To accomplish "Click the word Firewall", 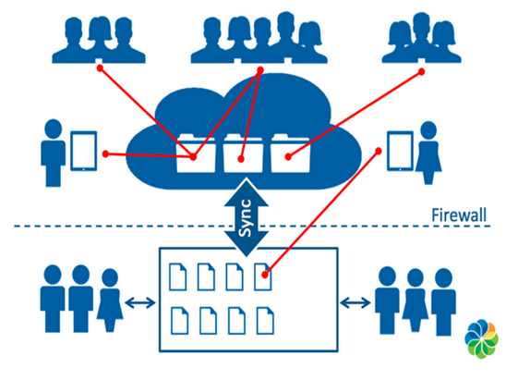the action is (x=459, y=215).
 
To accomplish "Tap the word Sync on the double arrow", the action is (x=246, y=218).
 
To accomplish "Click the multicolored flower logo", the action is (x=481, y=338).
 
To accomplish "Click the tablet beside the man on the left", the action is (x=83, y=151).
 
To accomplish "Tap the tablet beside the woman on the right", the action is (x=400, y=151).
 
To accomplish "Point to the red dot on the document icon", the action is (x=265, y=275).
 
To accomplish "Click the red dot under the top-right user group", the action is (x=421, y=72).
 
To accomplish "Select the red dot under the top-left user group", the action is (x=100, y=68).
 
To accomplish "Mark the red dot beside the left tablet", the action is (x=105, y=154).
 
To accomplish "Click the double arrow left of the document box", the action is (x=140, y=303).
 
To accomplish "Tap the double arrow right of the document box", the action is (x=355, y=302).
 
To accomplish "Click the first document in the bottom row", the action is (x=180, y=321).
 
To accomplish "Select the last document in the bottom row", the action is (x=265, y=321).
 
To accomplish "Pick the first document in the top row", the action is (x=178, y=276).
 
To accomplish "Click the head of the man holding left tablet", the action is (x=53, y=129).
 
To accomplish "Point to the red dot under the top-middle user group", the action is (x=260, y=70).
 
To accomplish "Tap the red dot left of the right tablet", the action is (x=379, y=151).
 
